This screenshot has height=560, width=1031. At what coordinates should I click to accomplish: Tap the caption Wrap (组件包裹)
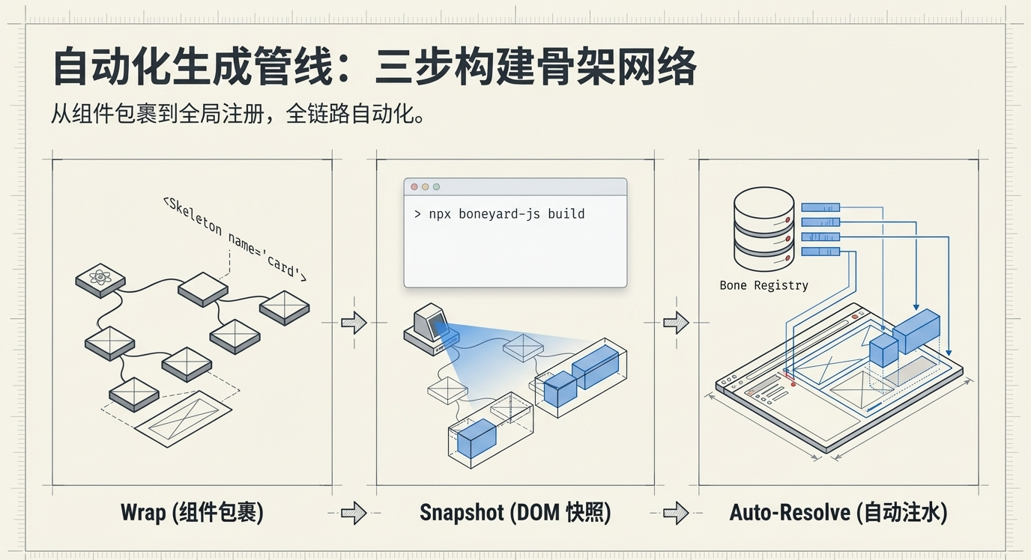pos(192,513)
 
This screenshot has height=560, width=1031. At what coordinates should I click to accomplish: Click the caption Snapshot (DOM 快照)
pos(515,513)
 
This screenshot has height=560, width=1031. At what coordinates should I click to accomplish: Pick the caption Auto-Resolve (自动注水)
pos(838,513)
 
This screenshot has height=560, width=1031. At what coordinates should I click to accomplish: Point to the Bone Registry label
pos(764,285)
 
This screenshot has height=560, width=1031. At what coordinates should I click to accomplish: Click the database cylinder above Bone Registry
pos(764,229)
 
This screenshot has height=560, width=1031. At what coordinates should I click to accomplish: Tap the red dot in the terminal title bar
pos(414,186)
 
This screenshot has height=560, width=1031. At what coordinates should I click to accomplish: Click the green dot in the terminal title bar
pos(436,186)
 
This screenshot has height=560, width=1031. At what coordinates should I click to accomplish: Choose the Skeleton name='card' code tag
pos(234,238)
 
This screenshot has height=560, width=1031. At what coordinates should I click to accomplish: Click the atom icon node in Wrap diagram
pos(100,279)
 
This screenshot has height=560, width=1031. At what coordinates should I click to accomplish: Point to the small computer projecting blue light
pos(429,329)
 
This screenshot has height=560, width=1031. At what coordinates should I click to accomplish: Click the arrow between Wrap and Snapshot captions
pos(354,513)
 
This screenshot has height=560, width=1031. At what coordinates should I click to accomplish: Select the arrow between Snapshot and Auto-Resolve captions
pos(676,513)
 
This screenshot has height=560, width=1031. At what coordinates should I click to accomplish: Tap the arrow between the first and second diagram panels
pos(354,323)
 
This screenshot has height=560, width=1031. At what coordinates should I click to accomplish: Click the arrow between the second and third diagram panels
pos(676,323)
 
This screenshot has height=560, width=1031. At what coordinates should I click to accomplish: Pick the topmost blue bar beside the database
pos(820,207)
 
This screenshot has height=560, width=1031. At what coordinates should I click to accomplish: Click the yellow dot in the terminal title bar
pos(425,186)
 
